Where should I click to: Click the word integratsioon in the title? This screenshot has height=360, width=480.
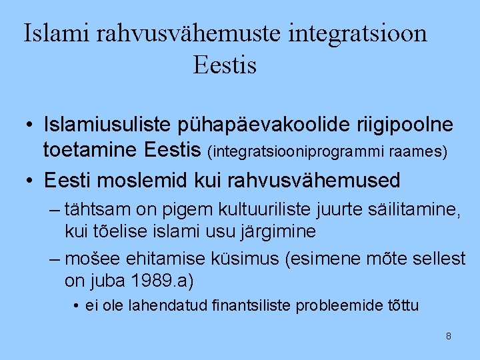[358, 33]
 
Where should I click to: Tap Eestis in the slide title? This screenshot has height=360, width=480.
[225, 65]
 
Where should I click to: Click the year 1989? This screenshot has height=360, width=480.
[153, 281]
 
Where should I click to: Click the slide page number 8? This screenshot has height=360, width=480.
[448, 336]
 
